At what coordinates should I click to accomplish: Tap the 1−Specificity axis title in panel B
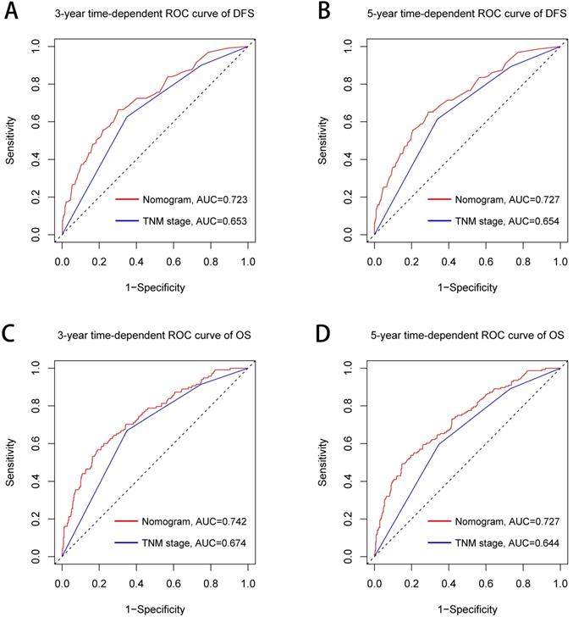pos(466,287)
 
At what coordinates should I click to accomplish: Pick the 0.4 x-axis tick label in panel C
pos(135,573)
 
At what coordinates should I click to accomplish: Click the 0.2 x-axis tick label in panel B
pos(410,253)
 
